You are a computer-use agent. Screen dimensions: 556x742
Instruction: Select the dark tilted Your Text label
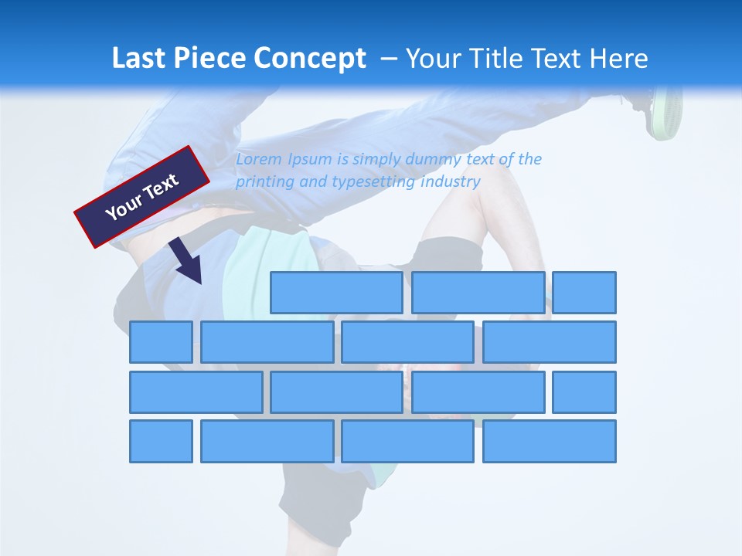pos(142,196)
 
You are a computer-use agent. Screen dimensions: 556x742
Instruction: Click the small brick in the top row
pos(584,292)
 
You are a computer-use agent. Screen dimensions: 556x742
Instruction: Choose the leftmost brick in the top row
pos(336,292)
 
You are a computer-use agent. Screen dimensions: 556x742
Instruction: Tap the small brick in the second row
pos(161,342)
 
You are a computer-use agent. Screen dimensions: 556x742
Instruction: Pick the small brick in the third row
pos(584,392)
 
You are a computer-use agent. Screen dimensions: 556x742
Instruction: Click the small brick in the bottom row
pos(161,442)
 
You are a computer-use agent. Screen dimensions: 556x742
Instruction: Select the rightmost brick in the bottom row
pos(550,442)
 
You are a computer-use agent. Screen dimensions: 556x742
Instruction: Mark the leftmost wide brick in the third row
pos(196,392)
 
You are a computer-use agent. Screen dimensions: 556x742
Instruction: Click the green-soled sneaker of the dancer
pos(665,112)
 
